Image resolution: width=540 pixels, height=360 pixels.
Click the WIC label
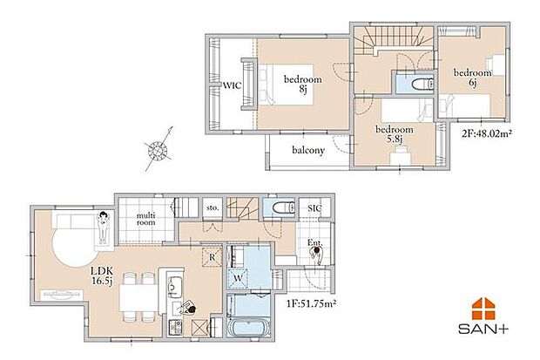point(231,85)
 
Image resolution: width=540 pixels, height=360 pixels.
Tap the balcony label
point(308,150)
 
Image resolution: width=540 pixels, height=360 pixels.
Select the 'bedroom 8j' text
point(303,84)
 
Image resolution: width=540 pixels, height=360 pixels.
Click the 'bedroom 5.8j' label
point(394,134)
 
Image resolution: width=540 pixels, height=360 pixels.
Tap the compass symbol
point(157,149)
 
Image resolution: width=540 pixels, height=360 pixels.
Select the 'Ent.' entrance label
point(314,243)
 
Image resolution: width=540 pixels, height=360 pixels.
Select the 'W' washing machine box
point(237,279)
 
